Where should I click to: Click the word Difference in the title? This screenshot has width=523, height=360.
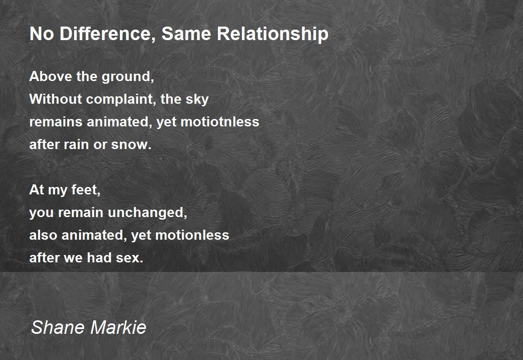(x=107, y=34)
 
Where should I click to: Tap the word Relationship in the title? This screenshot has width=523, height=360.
(x=273, y=34)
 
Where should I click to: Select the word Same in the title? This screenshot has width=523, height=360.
(x=187, y=34)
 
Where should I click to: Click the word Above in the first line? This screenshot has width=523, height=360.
(x=51, y=76)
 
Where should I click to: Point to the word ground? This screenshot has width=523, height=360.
(x=128, y=77)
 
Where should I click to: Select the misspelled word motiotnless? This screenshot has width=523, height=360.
(x=220, y=122)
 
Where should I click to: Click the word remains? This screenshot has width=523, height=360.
(x=56, y=122)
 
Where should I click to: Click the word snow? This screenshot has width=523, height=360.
(x=131, y=145)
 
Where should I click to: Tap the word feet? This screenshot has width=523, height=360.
(x=86, y=190)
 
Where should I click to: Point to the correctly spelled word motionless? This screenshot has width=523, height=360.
(x=192, y=235)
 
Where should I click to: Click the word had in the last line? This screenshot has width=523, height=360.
(x=99, y=258)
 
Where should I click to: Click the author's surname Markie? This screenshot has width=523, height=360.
(x=119, y=327)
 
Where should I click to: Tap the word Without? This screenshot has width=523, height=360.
(x=56, y=99)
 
